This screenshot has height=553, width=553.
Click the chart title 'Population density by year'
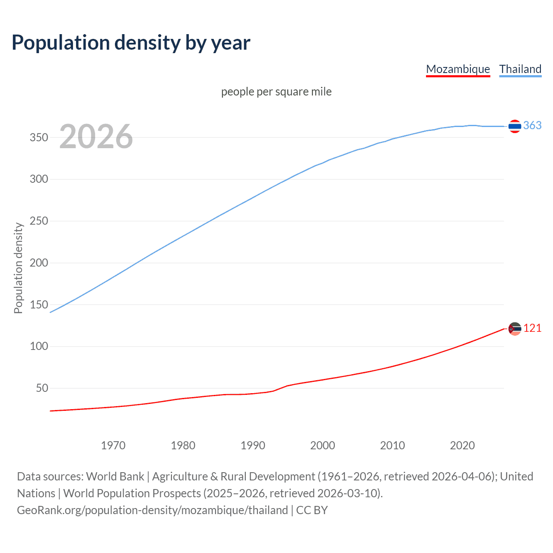pos(131,42)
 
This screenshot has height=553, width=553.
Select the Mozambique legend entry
pos(458,69)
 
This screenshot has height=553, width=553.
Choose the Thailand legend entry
pos(520,69)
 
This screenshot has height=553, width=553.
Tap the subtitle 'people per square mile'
pos(276,92)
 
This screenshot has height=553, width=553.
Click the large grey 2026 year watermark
pos(96,137)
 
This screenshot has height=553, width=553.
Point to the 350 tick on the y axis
pos(38,137)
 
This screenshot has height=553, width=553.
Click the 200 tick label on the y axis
pos(38,263)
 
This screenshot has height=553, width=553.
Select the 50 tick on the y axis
pos(41,388)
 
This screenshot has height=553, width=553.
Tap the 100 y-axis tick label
pos(38,346)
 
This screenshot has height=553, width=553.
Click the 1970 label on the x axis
pos(113,445)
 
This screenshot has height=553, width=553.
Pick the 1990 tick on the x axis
pos(253,445)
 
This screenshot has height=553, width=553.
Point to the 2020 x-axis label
pos(462,445)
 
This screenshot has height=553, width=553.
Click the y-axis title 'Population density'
pos(18,268)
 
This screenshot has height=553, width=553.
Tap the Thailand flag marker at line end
pos(515,126)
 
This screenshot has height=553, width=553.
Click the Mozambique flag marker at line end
pos(515,329)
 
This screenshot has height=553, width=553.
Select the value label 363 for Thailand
pos(532,125)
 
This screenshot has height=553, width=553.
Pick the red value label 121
pos(532,328)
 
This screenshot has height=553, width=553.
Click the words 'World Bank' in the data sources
pos(115,476)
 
